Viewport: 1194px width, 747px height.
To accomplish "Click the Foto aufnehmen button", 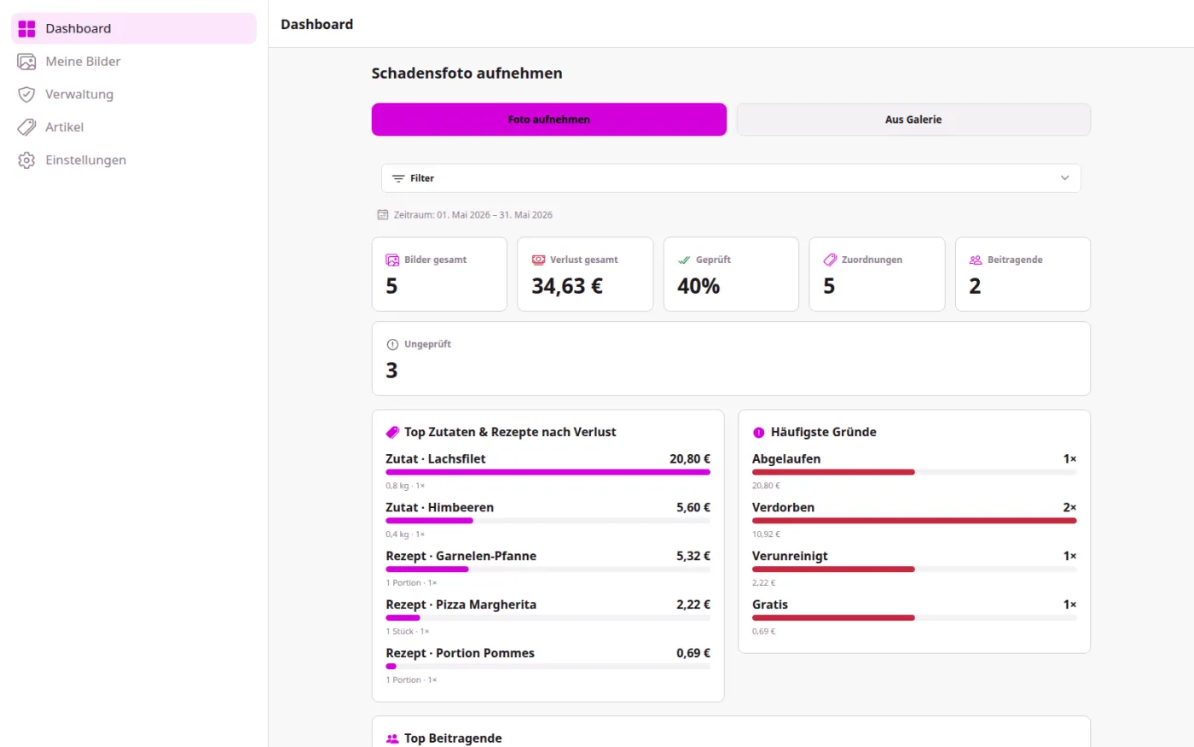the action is click(x=548, y=119).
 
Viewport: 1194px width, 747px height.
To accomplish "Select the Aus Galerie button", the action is click(x=913, y=119).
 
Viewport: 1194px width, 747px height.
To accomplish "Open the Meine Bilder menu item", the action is click(x=83, y=61).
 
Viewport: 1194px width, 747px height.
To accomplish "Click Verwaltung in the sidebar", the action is click(x=78, y=94).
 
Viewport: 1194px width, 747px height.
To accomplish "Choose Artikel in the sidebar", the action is click(x=64, y=127).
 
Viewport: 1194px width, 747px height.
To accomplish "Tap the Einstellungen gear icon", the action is click(x=26, y=160).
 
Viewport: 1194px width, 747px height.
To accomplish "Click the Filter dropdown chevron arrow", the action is click(x=1064, y=178).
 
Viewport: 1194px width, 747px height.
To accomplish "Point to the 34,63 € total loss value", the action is click(x=566, y=286).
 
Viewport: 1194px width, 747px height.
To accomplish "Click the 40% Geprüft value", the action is click(x=698, y=286).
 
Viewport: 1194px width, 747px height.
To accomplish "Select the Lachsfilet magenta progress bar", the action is click(x=548, y=471).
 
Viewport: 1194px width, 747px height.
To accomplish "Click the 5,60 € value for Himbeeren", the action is click(x=693, y=507).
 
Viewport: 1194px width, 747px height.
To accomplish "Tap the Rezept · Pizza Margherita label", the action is click(x=461, y=604).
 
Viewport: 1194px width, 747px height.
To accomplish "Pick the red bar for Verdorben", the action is click(x=914, y=520).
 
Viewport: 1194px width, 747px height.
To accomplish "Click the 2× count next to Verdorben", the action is click(x=1069, y=507).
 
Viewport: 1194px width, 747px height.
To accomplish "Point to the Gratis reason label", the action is click(x=769, y=604).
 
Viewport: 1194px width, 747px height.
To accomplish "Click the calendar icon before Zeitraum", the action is click(x=383, y=214).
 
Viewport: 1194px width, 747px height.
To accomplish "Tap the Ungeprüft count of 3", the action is click(x=391, y=371).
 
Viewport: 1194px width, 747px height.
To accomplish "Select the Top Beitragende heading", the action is click(x=453, y=738).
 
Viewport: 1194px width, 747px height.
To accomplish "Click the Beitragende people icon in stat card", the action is click(x=976, y=260).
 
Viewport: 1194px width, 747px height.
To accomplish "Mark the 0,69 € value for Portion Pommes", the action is click(x=693, y=652).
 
